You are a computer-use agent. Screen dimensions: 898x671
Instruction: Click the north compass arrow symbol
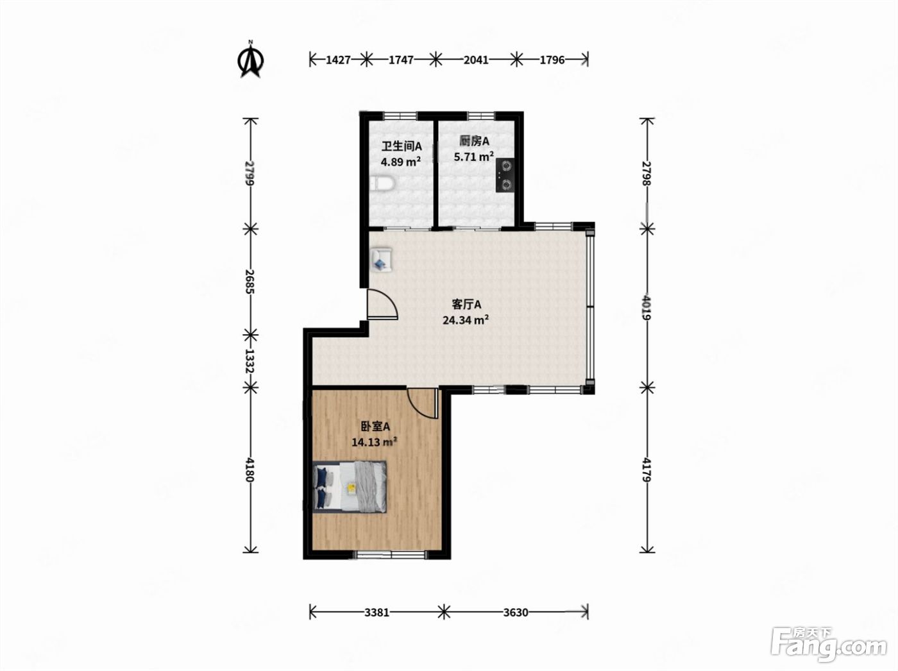pos(250,60)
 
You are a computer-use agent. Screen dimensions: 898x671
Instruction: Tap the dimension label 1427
pos(338,60)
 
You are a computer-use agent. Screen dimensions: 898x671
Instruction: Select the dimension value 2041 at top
pos(476,60)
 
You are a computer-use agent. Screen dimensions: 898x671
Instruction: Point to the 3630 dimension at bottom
pos(516,613)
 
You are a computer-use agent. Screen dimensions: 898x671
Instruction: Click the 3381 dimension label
pos(377,613)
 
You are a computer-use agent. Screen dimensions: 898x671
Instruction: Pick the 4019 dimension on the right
pos(647,307)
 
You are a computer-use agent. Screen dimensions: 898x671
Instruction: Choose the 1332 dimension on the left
pos(250,361)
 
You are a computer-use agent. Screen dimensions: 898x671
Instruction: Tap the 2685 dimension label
pos(250,282)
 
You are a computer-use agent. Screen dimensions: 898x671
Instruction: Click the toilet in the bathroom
pos(381,183)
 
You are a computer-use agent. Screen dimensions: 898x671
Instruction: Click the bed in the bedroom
pos(350,486)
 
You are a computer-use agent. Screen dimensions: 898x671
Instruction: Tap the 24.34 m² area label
pos(466,320)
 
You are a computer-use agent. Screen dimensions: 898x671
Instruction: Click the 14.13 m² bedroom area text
pos(375,442)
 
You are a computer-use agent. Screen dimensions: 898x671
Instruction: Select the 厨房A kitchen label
pos(475,142)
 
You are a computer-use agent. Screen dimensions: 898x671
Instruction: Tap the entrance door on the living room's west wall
pos(382,303)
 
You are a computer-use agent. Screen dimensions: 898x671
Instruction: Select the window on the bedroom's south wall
pos(391,555)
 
